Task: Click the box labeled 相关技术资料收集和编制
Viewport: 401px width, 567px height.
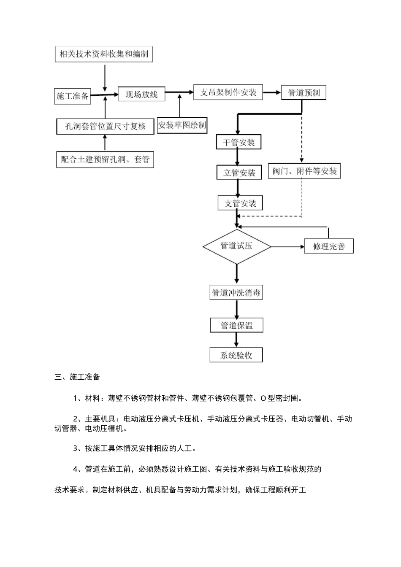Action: pyautogui.click(x=103, y=54)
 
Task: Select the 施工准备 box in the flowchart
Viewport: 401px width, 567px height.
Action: pyautogui.click(x=73, y=96)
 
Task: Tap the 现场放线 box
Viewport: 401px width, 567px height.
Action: pyautogui.click(x=141, y=94)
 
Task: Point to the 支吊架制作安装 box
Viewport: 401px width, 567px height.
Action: pyautogui.click(x=228, y=92)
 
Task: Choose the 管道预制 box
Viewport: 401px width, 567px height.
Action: pyautogui.click(x=303, y=93)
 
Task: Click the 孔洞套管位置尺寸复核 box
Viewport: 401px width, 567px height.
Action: pyautogui.click(x=105, y=126)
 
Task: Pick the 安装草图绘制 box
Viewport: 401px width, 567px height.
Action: pyautogui.click(x=182, y=125)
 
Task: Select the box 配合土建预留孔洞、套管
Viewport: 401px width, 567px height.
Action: pyautogui.click(x=105, y=159)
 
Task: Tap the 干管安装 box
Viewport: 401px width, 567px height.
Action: pyautogui.click(x=238, y=142)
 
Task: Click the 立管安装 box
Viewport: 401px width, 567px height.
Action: pyautogui.click(x=239, y=173)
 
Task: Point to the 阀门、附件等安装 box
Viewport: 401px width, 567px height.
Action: pyautogui.click(x=304, y=171)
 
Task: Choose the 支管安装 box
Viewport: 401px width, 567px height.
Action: pyautogui.click(x=240, y=203)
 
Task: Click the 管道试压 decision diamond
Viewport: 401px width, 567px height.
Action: pyautogui.click(x=237, y=246)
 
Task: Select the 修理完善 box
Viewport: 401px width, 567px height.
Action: pyautogui.click(x=328, y=246)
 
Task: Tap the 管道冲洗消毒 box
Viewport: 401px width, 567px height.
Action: pyautogui.click(x=236, y=293)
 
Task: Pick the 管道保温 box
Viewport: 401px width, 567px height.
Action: pyautogui.click(x=236, y=325)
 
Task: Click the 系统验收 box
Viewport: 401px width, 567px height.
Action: pyautogui.click(x=236, y=355)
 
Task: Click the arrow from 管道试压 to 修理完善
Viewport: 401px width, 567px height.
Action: pyautogui.click(x=287, y=246)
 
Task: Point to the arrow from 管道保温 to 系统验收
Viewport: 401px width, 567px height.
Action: pyautogui.click(x=236, y=340)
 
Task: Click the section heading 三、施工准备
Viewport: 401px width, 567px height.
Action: pyautogui.click(x=77, y=377)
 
